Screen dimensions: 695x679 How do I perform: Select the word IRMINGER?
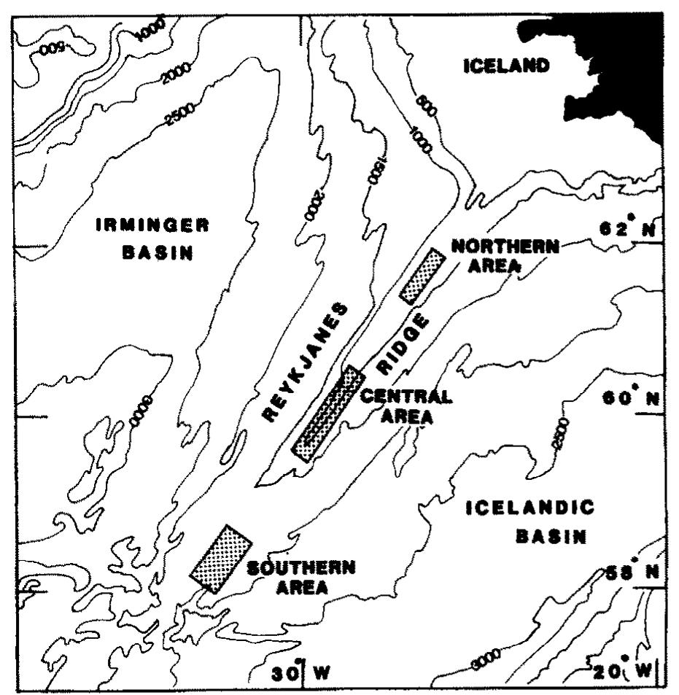pyautogui.click(x=152, y=226)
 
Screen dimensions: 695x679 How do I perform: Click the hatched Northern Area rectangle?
pyautogui.click(x=422, y=275)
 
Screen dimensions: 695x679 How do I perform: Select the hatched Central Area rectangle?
pyautogui.click(x=327, y=413)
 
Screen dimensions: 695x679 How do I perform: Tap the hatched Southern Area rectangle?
pyautogui.click(x=220, y=558)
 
